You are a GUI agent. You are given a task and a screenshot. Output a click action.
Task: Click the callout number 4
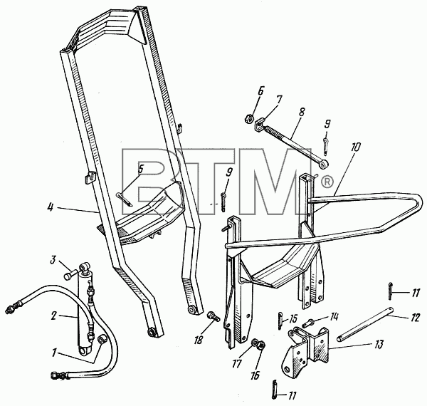(x=51, y=207)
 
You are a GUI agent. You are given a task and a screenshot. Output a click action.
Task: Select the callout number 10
(x=355, y=147)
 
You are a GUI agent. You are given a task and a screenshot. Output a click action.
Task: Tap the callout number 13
(x=379, y=345)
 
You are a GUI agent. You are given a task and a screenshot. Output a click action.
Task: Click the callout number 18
(x=199, y=340)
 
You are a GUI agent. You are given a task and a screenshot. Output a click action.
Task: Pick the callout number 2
(x=53, y=316)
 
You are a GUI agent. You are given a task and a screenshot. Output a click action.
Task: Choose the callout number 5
(x=140, y=170)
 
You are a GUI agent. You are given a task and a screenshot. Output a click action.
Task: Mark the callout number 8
(x=302, y=113)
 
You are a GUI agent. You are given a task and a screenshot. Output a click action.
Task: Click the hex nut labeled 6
(x=249, y=118)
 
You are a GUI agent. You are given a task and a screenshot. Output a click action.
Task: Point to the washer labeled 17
(x=255, y=343)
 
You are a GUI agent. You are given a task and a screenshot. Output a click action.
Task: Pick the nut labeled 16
(x=261, y=346)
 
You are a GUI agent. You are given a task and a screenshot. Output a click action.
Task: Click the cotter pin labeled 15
(x=280, y=321)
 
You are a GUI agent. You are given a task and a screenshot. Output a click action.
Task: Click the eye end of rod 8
(x=324, y=164)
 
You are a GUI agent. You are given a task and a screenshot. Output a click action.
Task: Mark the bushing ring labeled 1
(x=102, y=340)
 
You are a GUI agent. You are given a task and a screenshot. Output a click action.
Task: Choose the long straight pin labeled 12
(x=365, y=324)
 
